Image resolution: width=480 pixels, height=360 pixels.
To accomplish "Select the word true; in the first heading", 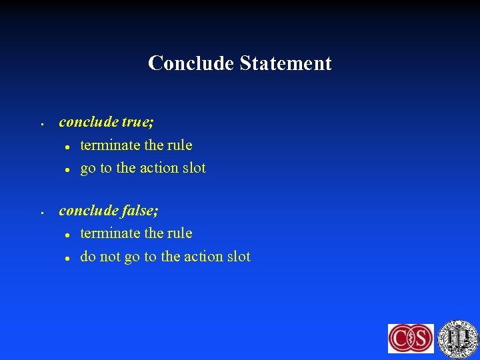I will pyautogui.click(x=138, y=123).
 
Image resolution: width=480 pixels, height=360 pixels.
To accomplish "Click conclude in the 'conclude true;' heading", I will pyautogui.click(x=89, y=123).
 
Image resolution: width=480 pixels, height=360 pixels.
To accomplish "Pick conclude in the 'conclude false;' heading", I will pyautogui.click(x=89, y=211).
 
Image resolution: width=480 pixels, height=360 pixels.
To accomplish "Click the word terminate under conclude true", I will pyautogui.click(x=109, y=145).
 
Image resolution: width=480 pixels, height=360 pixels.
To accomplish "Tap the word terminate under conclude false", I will pyautogui.click(x=109, y=233).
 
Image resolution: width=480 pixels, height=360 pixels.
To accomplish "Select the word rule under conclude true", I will pyautogui.click(x=179, y=145).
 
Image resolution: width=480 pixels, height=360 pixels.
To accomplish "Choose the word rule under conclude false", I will pyautogui.click(x=179, y=233).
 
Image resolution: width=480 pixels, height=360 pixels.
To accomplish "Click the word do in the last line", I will pyautogui.click(x=87, y=257).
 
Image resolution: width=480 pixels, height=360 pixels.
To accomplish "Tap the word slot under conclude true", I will pyautogui.click(x=194, y=168).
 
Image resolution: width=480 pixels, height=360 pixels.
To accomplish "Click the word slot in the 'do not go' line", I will pyautogui.click(x=238, y=257).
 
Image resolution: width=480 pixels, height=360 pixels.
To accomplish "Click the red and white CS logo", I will pyautogui.click(x=411, y=338).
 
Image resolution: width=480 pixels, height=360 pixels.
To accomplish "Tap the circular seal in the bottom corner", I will pyautogui.click(x=457, y=338).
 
